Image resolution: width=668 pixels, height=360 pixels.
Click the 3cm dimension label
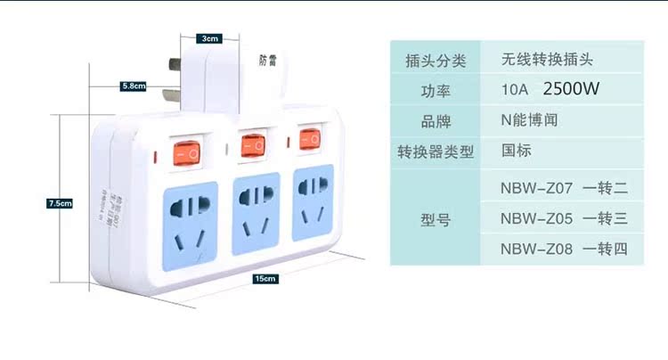tap(210, 38)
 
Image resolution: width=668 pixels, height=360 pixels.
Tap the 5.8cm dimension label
tap(134, 86)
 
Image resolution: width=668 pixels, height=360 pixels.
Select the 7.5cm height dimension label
tap(59, 203)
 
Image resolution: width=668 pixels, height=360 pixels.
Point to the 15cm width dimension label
tap(265, 279)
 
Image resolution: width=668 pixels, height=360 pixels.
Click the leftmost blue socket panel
tap(191, 218)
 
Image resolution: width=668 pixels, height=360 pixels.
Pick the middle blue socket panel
tap(254, 210)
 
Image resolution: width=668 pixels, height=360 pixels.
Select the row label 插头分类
tap(436, 61)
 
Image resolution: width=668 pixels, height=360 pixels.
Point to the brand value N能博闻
tap(529, 120)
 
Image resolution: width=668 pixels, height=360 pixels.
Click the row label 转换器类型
tap(436, 151)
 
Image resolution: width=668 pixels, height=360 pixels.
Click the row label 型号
tap(436, 217)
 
